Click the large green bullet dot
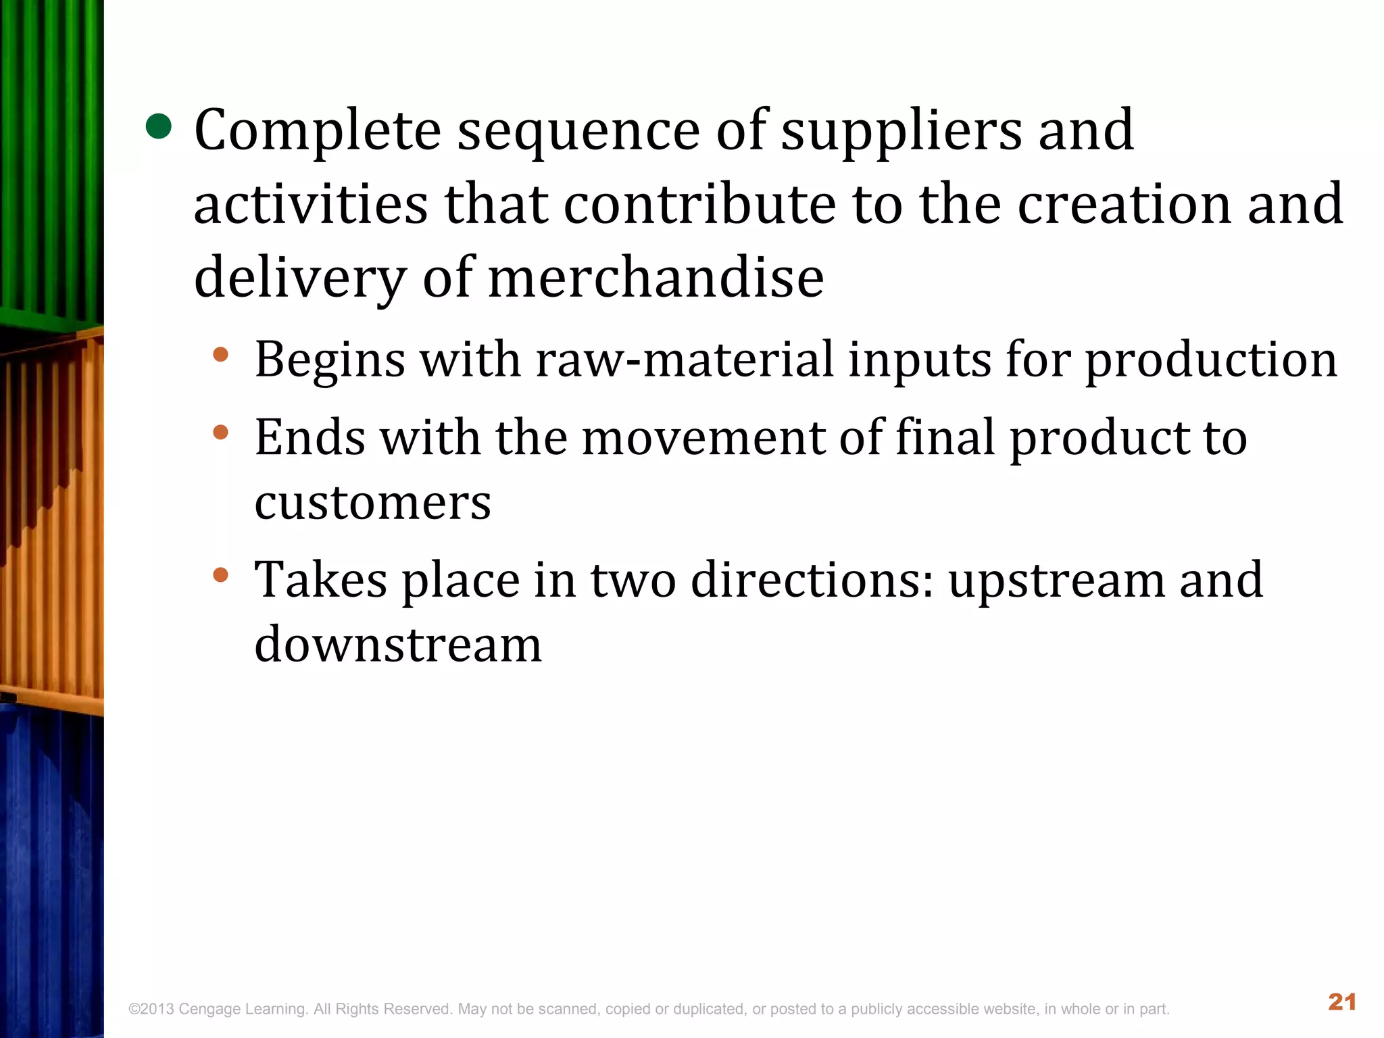(x=159, y=126)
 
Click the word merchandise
(x=656, y=278)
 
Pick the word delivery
(x=300, y=278)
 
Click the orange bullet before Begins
(x=221, y=354)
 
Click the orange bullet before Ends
(x=221, y=432)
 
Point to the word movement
(x=703, y=437)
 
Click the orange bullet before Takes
(x=221, y=574)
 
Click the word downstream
(x=398, y=644)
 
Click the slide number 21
(x=1341, y=1002)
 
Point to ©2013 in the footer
(x=151, y=1010)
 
